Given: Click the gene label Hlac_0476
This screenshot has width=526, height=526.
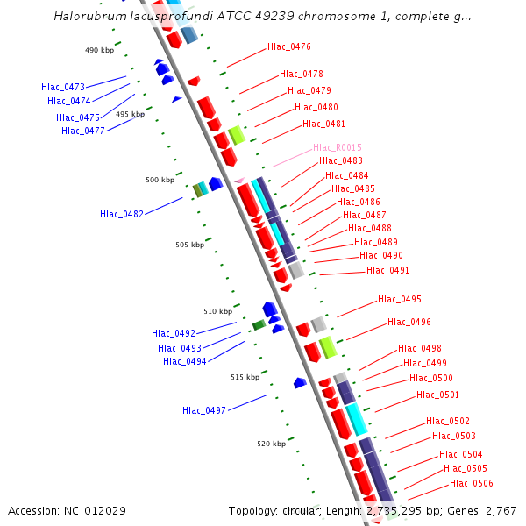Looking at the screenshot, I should (289, 46).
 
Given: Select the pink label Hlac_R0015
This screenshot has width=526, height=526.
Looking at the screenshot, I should (338, 147).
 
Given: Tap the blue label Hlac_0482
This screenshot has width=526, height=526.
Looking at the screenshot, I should (122, 214).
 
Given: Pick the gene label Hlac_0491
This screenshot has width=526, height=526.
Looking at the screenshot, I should (387, 270).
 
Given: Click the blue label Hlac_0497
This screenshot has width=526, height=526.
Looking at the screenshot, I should (204, 410).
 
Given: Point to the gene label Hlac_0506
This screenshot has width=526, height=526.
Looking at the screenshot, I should (472, 483).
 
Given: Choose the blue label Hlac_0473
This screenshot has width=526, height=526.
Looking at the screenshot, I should (63, 87).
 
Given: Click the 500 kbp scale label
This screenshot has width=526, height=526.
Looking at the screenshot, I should (160, 180).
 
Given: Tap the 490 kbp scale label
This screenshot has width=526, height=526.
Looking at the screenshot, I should (100, 51).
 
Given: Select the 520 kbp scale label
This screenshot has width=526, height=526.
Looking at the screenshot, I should (272, 444).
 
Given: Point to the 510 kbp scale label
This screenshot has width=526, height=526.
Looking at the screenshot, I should (218, 311).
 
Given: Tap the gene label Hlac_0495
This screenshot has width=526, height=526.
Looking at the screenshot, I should (400, 299).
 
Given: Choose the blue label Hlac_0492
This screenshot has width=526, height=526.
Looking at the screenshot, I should (174, 333).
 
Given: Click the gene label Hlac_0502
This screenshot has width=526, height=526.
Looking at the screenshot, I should (448, 421).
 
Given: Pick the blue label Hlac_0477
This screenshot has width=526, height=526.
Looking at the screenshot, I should (83, 131).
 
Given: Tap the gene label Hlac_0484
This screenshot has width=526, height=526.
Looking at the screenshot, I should (347, 175).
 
